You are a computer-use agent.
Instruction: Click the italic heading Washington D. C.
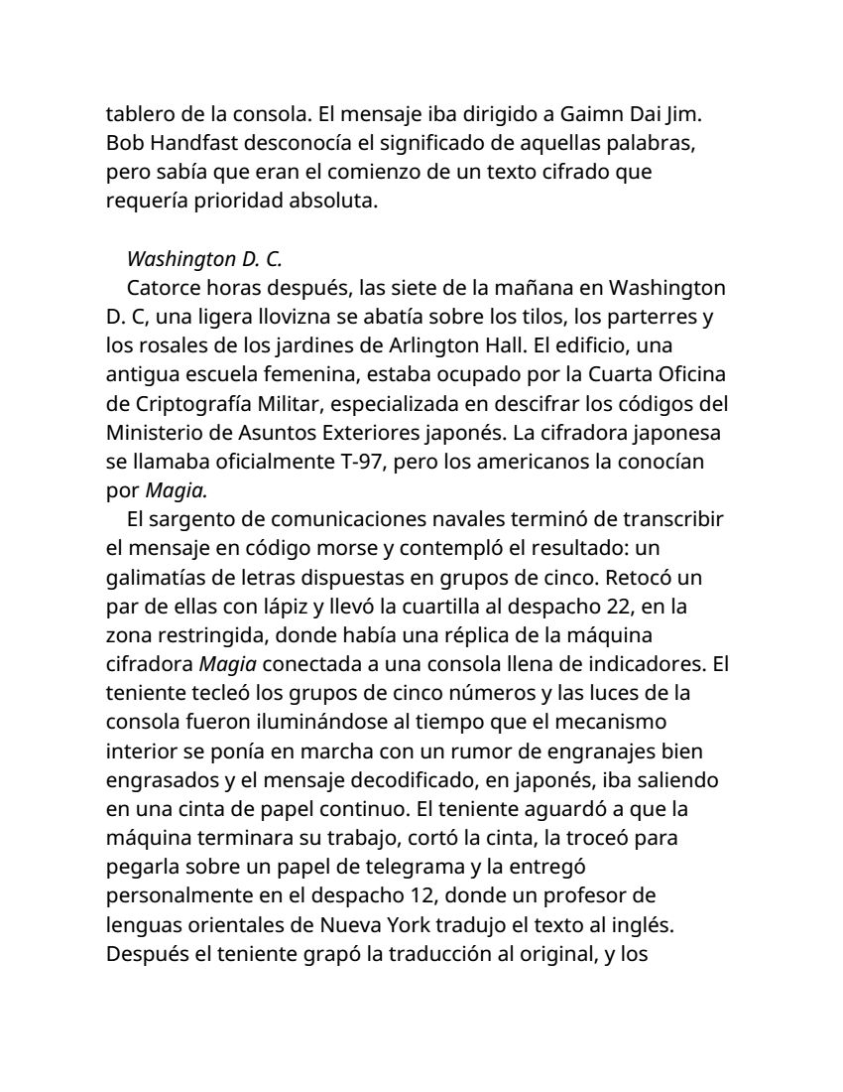204,260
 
